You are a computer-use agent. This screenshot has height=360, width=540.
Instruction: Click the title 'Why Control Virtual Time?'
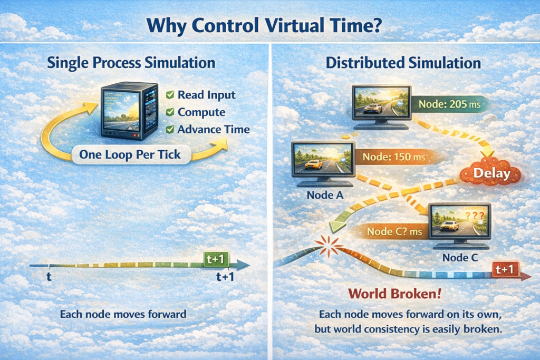click(x=264, y=25)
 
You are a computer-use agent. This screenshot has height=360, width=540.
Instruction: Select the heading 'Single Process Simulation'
click(x=131, y=63)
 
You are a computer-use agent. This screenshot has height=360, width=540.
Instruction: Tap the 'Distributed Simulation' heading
click(x=403, y=63)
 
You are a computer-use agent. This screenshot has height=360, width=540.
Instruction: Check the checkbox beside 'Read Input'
click(x=170, y=95)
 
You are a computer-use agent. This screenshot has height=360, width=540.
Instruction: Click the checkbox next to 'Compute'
click(x=170, y=112)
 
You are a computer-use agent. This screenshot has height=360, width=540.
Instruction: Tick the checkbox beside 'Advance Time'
click(x=170, y=130)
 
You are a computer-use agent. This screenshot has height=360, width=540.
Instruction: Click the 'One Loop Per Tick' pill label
click(x=131, y=154)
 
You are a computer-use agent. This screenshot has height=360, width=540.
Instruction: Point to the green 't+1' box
click(x=216, y=259)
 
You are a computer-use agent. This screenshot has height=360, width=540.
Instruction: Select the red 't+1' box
click(x=505, y=269)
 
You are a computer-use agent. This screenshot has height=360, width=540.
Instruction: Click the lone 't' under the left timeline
click(x=49, y=276)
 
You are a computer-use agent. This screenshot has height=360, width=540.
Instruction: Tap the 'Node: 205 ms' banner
click(x=449, y=104)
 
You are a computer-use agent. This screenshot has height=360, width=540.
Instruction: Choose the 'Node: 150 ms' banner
click(x=394, y=157)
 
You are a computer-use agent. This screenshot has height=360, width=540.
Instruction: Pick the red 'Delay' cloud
click(x=491, y=173)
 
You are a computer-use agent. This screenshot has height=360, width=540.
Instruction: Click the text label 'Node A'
click(x=325, y=195)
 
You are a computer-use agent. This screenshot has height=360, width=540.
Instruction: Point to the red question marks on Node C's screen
click(x=475, y=216)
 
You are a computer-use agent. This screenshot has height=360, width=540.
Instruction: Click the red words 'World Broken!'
click(x=394, y=294)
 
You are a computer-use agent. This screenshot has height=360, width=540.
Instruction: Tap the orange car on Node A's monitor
click(x=314, y=165)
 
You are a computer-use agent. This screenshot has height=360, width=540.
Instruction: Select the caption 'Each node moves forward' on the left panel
click(x=123, y=314)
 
